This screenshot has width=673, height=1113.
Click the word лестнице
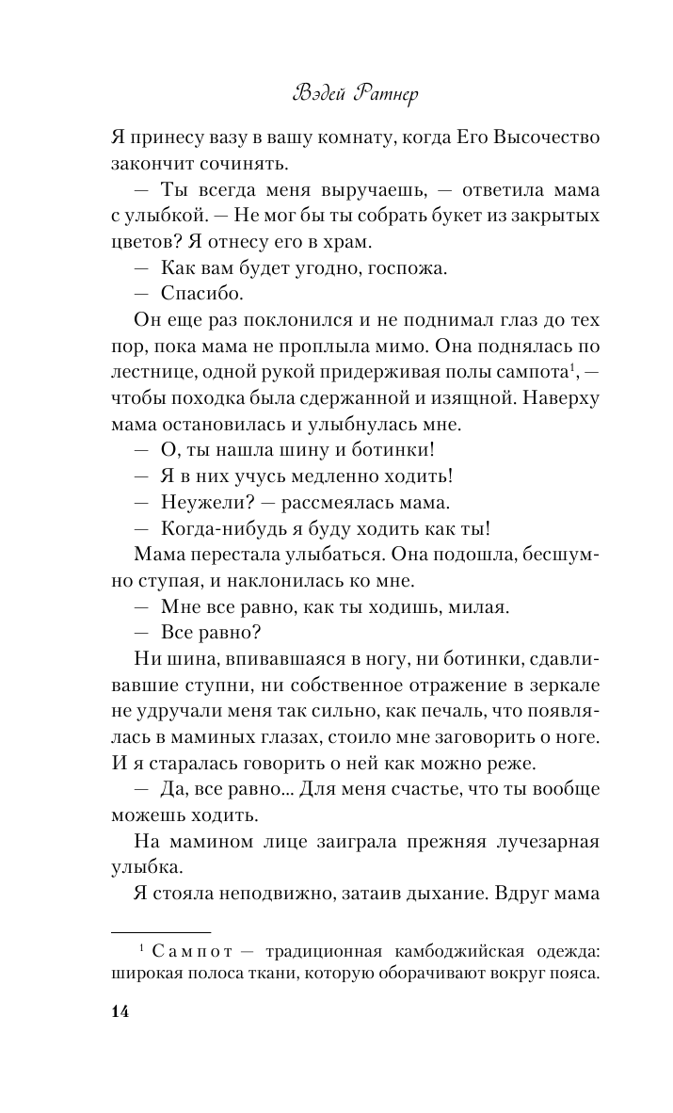tap(155, 372)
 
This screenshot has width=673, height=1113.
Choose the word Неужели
tap(202, 502)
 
